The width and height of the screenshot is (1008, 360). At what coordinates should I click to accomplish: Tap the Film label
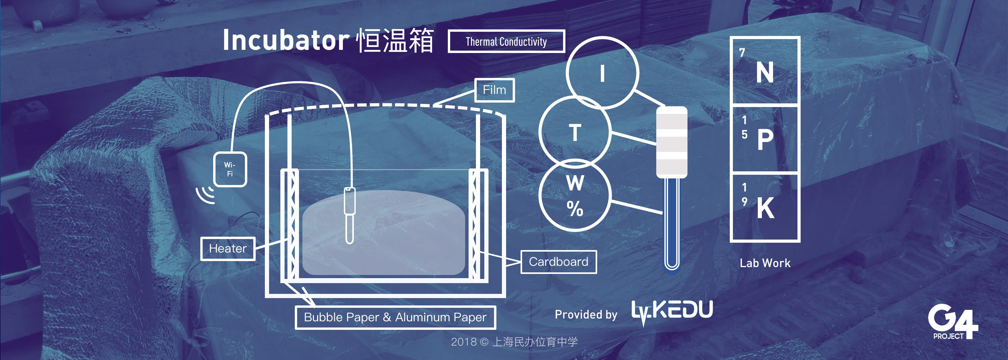click(494, 90)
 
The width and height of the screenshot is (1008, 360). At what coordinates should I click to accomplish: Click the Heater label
click(228, 248)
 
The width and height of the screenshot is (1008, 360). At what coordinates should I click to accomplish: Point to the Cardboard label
click(558, 262)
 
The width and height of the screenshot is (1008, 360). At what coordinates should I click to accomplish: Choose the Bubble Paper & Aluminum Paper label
click(395, 317)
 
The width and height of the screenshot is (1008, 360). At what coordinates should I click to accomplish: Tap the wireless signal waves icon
click(206, 194)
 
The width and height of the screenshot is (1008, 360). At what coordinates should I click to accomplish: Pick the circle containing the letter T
click(574, 132)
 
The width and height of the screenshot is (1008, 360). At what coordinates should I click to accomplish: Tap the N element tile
click(765, 71)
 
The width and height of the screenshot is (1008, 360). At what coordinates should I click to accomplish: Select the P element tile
click(765, 139)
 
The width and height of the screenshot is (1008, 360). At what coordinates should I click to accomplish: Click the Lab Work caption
click(765, 263)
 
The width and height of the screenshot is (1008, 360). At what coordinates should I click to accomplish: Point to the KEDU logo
click(672, 311)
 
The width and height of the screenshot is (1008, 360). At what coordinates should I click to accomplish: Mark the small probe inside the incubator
click(349, 215)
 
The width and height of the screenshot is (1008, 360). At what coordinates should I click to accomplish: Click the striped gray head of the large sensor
click(671, 142)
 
